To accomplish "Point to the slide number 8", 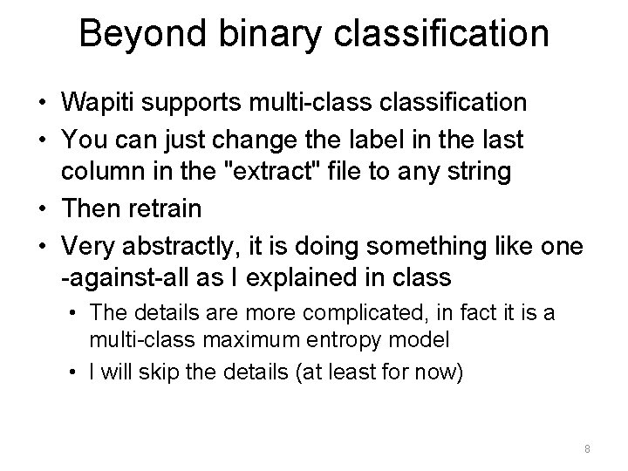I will (587, 449).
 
